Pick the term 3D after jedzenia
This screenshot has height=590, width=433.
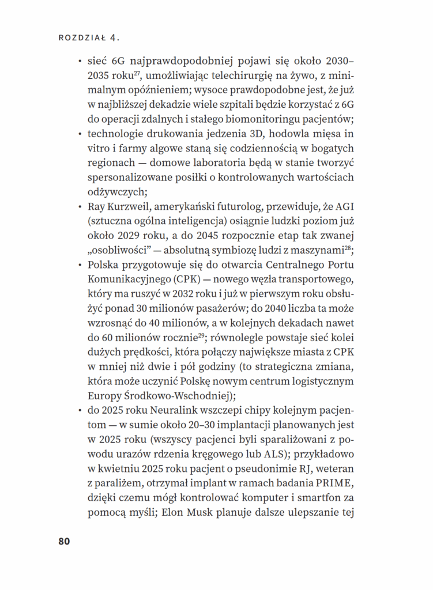coord(253,134)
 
